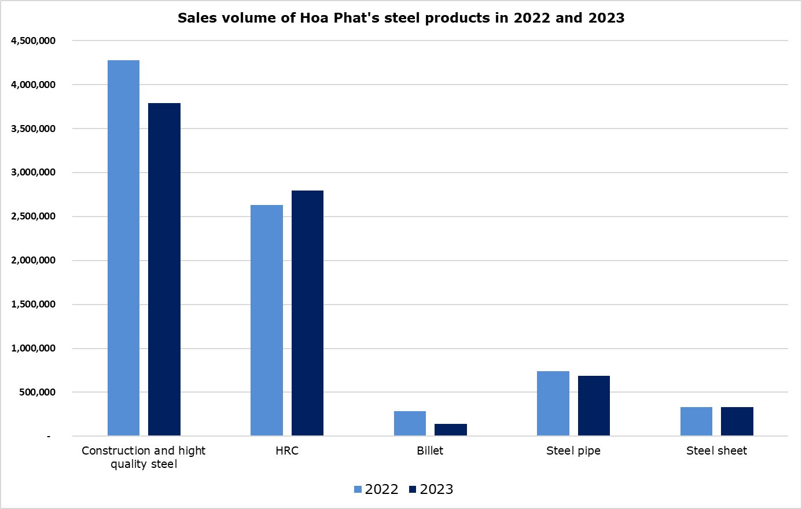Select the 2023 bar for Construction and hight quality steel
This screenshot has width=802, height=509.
pos(164,269)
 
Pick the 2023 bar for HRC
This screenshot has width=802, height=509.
pos(307,313)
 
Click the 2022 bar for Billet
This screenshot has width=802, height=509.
pos(410,423)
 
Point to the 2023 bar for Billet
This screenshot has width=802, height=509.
pos(451,430)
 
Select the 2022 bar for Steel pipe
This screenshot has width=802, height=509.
pos(553,404)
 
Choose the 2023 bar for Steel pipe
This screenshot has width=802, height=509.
pos(594,406)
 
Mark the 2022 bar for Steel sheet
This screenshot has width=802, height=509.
pos(696,422)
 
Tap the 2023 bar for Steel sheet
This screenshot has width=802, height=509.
pos(737,422)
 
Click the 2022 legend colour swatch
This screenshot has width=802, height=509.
pos(358,490)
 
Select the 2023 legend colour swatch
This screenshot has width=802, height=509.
pos(413,490)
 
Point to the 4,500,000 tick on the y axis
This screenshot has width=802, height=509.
pos(33,41)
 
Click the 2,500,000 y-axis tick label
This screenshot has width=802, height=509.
pos(33,217)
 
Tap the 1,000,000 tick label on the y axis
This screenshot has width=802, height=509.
pos(33,348)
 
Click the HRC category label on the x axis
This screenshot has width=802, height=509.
pos(287,451)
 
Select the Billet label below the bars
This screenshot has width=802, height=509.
pos(430,451)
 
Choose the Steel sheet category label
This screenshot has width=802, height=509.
pos(716,451)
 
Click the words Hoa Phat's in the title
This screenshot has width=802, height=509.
pos(330,18)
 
